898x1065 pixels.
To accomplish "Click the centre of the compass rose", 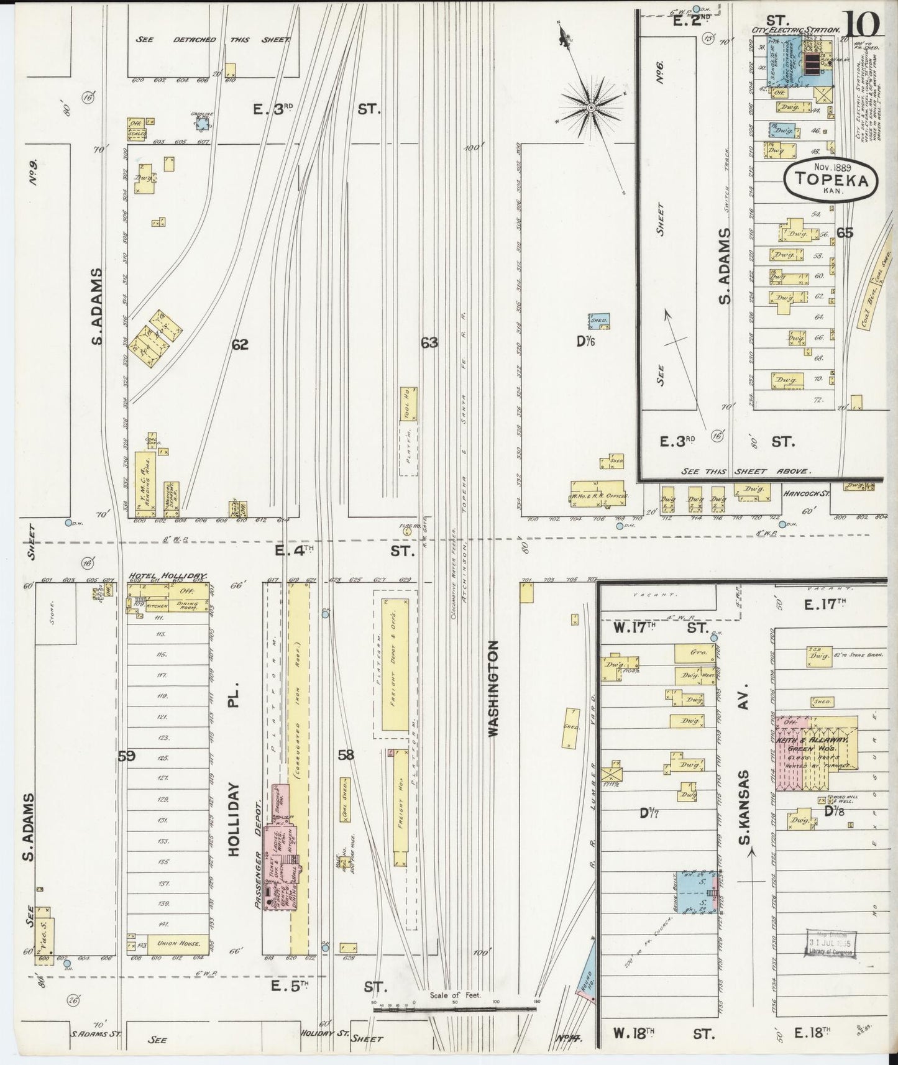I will tap(590, 108).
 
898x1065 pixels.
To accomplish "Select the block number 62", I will tap(240, 344).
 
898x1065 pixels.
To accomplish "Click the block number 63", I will tap(429, 342).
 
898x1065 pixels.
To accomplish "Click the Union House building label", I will tap(178, 943).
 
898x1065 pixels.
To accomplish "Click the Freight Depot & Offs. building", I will tap(395, 665).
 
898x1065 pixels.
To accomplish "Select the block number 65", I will tap(845, 233).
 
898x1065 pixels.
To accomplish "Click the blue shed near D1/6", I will tap(599, 321).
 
